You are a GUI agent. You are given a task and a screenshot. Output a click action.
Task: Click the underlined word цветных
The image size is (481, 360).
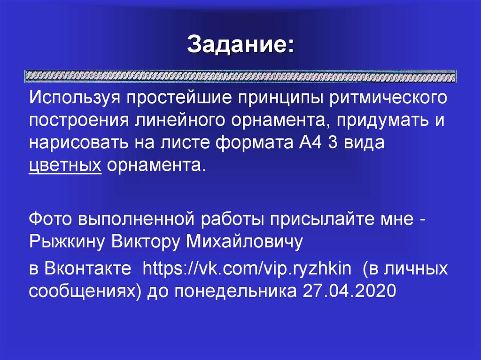pyautogui.click(x=65, y=165)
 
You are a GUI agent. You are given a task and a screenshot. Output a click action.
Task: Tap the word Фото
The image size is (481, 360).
pyautogui.click(x=49, y=219)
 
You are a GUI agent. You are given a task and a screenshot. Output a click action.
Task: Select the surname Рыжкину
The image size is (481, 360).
pyautogui.click(x=66, y=241)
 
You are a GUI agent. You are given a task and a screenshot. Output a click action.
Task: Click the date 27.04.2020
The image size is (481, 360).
pyautogui.click(x=347, y=291)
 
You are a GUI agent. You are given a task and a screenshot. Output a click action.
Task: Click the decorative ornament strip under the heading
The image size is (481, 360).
pyautogui.click(x=240, y=76)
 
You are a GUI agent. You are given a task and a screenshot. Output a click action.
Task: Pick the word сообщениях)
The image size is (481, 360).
pyautogui.click(x=86, y=291)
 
